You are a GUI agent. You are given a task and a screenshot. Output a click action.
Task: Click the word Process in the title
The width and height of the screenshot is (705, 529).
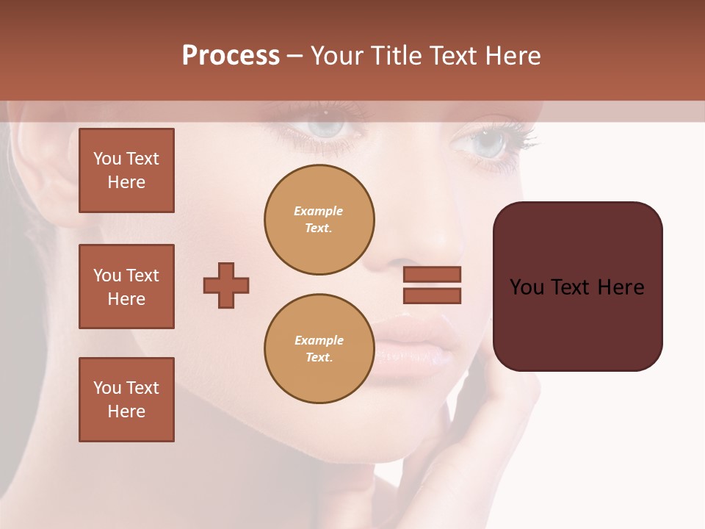(x=231, y=56)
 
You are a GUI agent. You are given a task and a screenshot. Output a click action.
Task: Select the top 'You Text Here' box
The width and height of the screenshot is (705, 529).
(x=126, y=170)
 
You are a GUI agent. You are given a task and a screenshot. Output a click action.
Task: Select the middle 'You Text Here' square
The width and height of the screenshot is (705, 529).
(x=126, y=287)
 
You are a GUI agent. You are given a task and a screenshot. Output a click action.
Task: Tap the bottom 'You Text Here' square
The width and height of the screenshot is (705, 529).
(x=126, y=400)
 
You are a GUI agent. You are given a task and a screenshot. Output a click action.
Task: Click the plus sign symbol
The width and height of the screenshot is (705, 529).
(x=226, y=285)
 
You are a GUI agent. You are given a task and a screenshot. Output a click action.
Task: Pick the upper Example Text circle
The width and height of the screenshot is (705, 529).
(x=319, y=220)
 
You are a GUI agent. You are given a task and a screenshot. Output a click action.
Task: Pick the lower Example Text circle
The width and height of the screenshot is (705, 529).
(x=319, y=349)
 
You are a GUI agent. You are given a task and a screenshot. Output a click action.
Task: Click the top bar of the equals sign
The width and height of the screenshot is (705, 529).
(x=432, y=274)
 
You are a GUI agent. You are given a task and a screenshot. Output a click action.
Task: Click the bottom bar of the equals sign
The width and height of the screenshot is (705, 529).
(x=432, y=295)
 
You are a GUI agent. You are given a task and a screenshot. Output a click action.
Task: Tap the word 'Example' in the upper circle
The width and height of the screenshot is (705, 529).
(x=319, y=211)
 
